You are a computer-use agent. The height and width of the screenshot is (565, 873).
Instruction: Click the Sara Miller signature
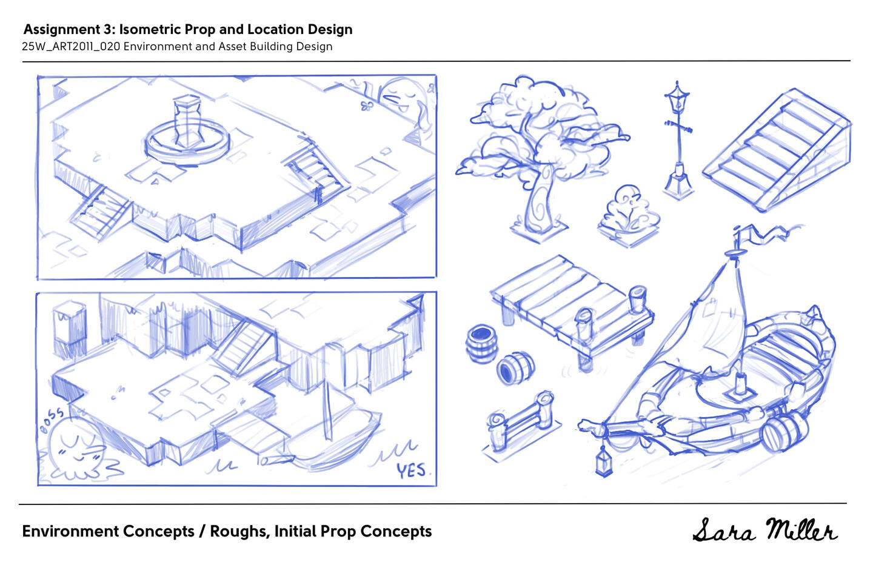pos(764,530)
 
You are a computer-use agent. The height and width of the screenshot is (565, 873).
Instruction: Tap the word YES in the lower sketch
pos(411,470)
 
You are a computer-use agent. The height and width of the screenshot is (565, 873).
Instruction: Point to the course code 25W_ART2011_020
pos(71,46)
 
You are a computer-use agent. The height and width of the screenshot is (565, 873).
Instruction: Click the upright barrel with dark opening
pos(482,344)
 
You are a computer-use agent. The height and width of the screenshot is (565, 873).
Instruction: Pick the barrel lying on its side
pos(515,368)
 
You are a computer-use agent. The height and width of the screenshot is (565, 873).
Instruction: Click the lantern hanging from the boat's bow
pos(604,461)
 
